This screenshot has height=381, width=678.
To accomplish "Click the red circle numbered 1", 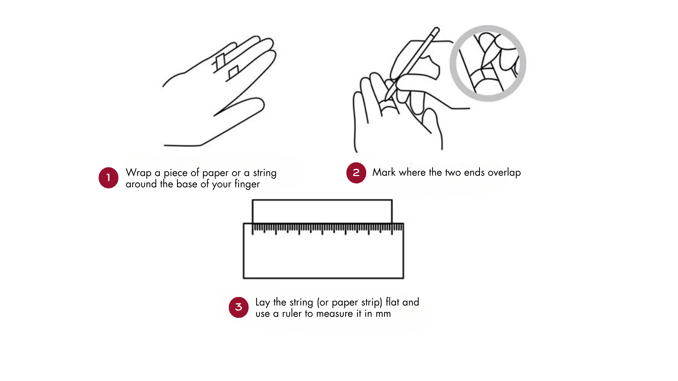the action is point(108,178).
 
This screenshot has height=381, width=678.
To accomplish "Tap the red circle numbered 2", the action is point(356,173).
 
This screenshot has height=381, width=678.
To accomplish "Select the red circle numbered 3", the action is point(239,307).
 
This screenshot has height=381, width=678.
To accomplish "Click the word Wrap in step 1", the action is point(138,173).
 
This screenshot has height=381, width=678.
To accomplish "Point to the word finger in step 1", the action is point(247,184).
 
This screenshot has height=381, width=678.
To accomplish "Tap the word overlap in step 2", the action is point(504,173).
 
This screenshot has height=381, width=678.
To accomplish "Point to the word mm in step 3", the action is point(383,314).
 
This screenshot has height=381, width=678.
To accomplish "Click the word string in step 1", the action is point(265,173).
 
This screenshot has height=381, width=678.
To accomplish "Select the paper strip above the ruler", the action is point(322,211).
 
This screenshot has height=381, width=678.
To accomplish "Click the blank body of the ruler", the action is point(323,256).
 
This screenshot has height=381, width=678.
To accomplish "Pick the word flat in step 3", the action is point(393,302).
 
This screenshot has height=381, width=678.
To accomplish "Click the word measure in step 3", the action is point(334,314).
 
